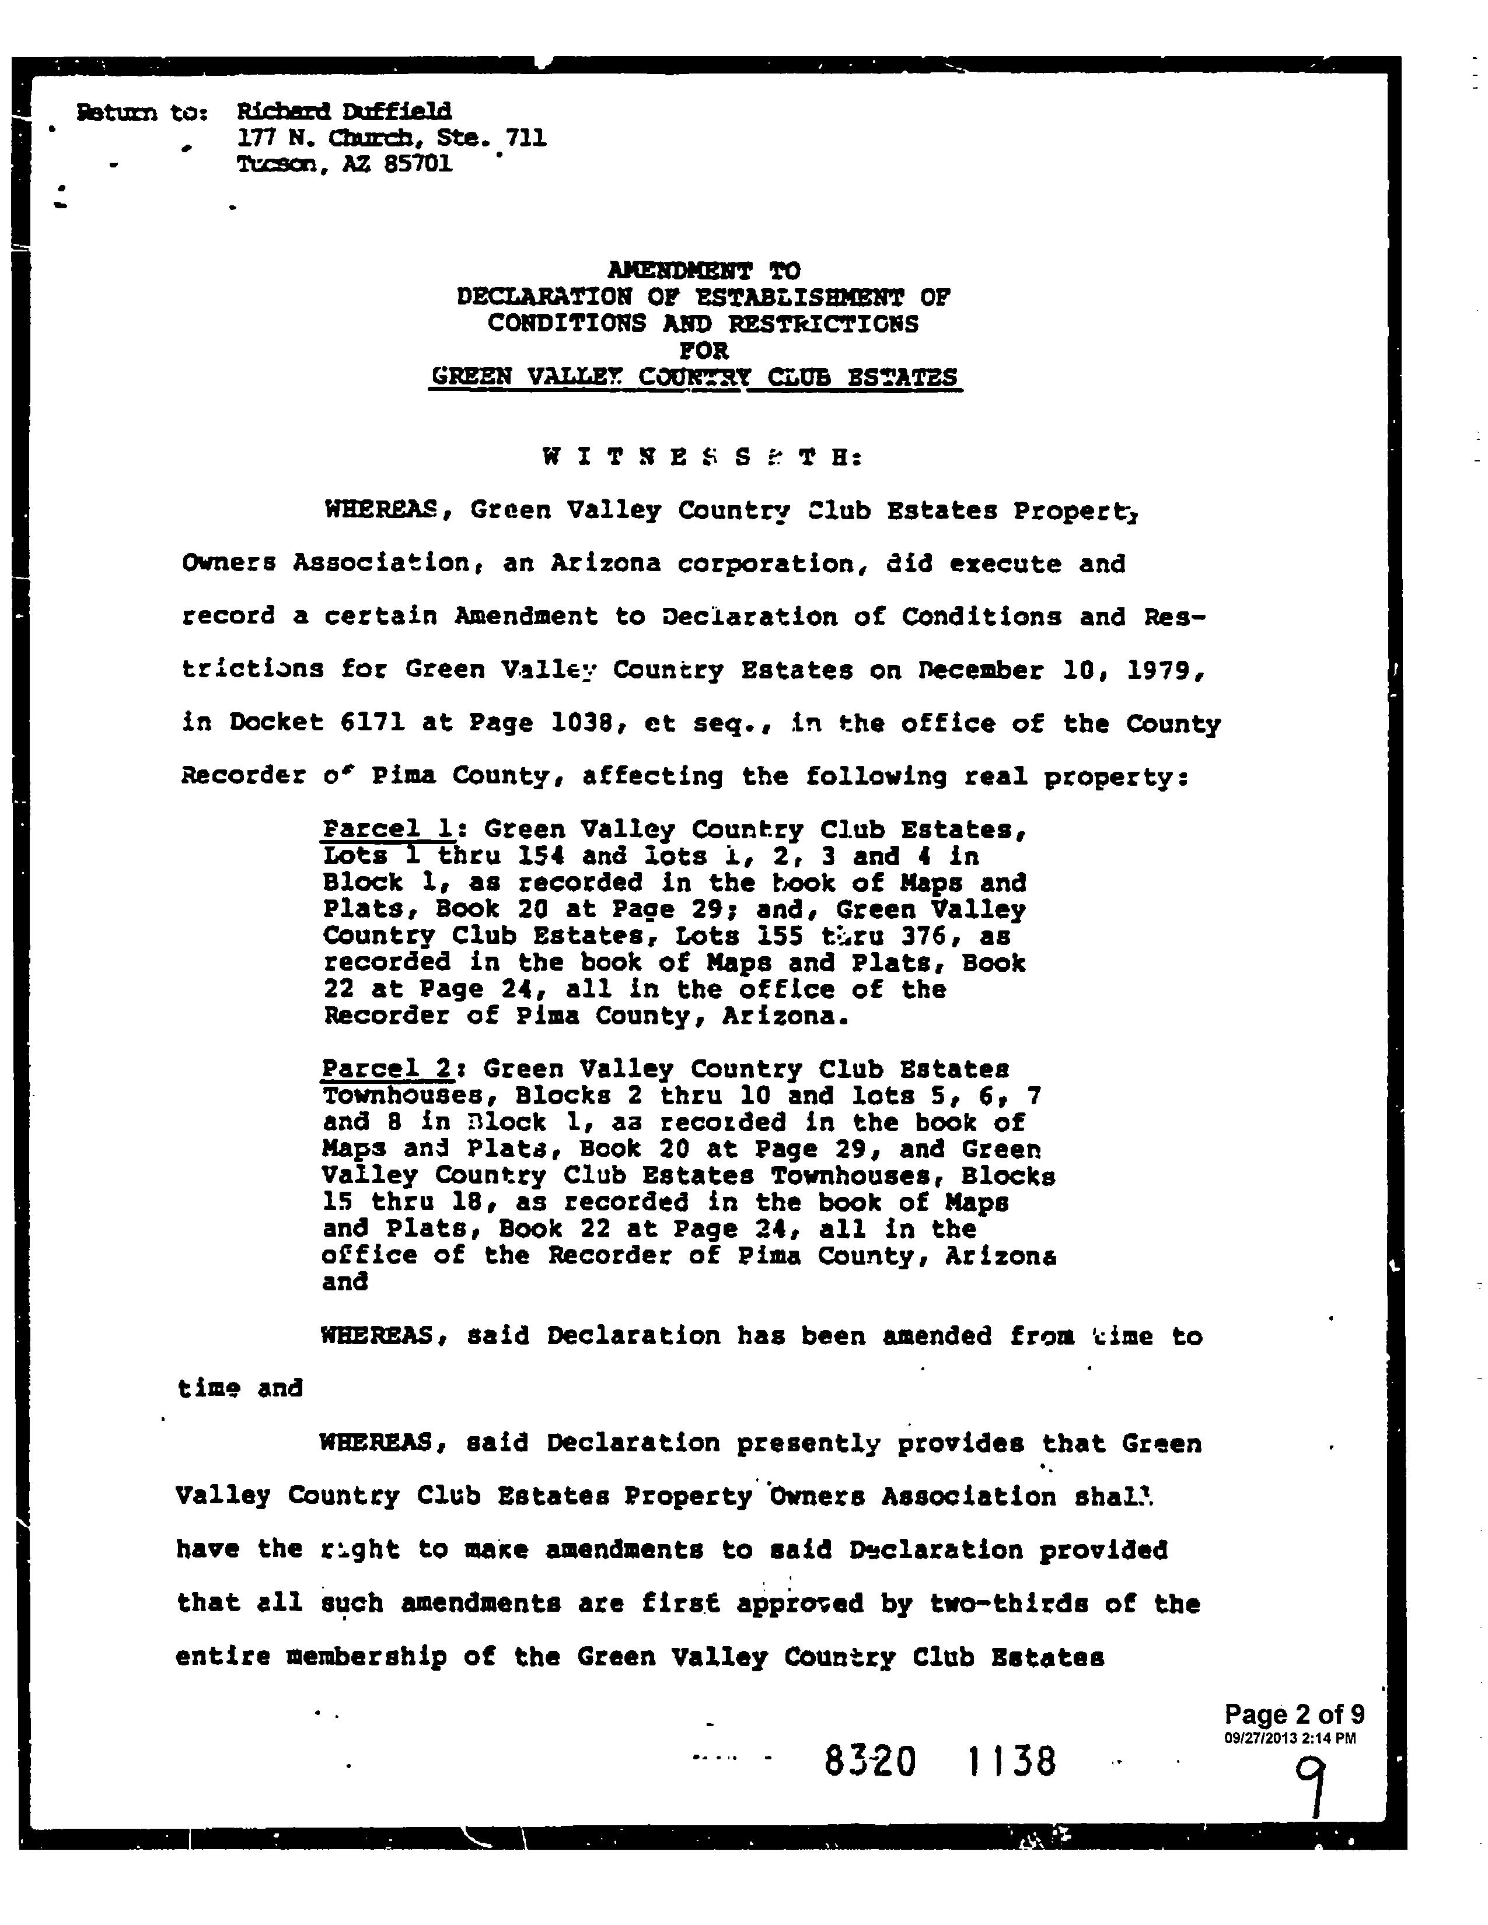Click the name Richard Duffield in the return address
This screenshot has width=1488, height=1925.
pyautogui.click(x=344, y=111)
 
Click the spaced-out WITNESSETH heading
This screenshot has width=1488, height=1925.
pyautogui.click(x=701, y=457)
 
